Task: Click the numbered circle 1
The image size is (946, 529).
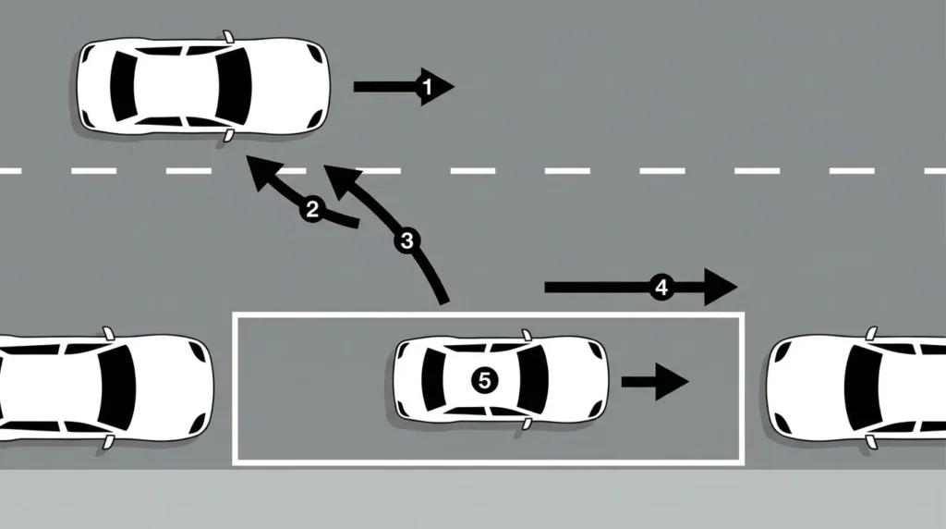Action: [427, 87]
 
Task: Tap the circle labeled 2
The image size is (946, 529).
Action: [312, 210]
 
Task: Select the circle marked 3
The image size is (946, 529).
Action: [406, 241]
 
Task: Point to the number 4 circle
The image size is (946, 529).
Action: [661, 288]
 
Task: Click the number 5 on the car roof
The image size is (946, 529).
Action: [484, 381]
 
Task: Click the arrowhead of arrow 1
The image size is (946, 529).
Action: [437, 87]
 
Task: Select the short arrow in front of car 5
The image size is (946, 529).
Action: [655, 382]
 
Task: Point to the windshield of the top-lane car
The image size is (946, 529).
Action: [234, 86]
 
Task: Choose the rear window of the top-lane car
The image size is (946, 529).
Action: [123, 86]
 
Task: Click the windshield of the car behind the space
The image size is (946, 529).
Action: [117, 388]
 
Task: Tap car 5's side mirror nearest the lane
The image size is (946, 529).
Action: [527, 335]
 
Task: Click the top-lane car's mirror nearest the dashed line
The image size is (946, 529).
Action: [229, 135]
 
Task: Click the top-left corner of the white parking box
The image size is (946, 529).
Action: [234, 314]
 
